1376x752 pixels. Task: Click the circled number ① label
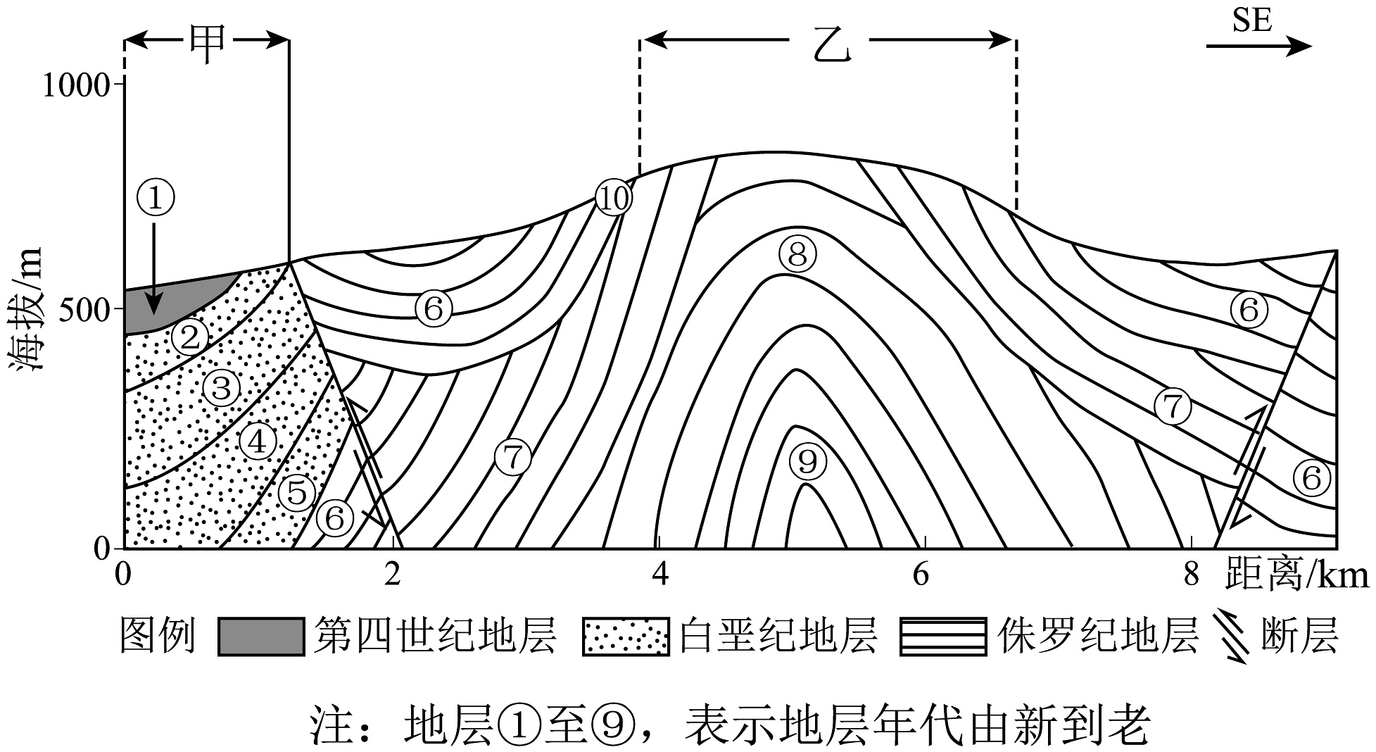pos(156,197)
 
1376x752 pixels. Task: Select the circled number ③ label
pos(222,387)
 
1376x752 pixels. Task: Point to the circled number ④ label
pos(258,441)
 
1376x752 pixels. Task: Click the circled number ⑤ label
pos(297,491)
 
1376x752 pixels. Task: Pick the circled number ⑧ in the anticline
pos(797,254)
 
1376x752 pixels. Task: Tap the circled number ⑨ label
pos(807,461)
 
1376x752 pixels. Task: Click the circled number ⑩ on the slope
pos(614,199)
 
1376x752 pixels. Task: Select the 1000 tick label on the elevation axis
pos(76,86)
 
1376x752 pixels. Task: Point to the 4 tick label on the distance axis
pos(659,575)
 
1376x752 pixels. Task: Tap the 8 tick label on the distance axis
pos(1190,575)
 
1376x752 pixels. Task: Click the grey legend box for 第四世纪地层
pos(260,637)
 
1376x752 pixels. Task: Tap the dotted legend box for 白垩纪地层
pos(625,637)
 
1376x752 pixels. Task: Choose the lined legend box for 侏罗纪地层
pos(943,637)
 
